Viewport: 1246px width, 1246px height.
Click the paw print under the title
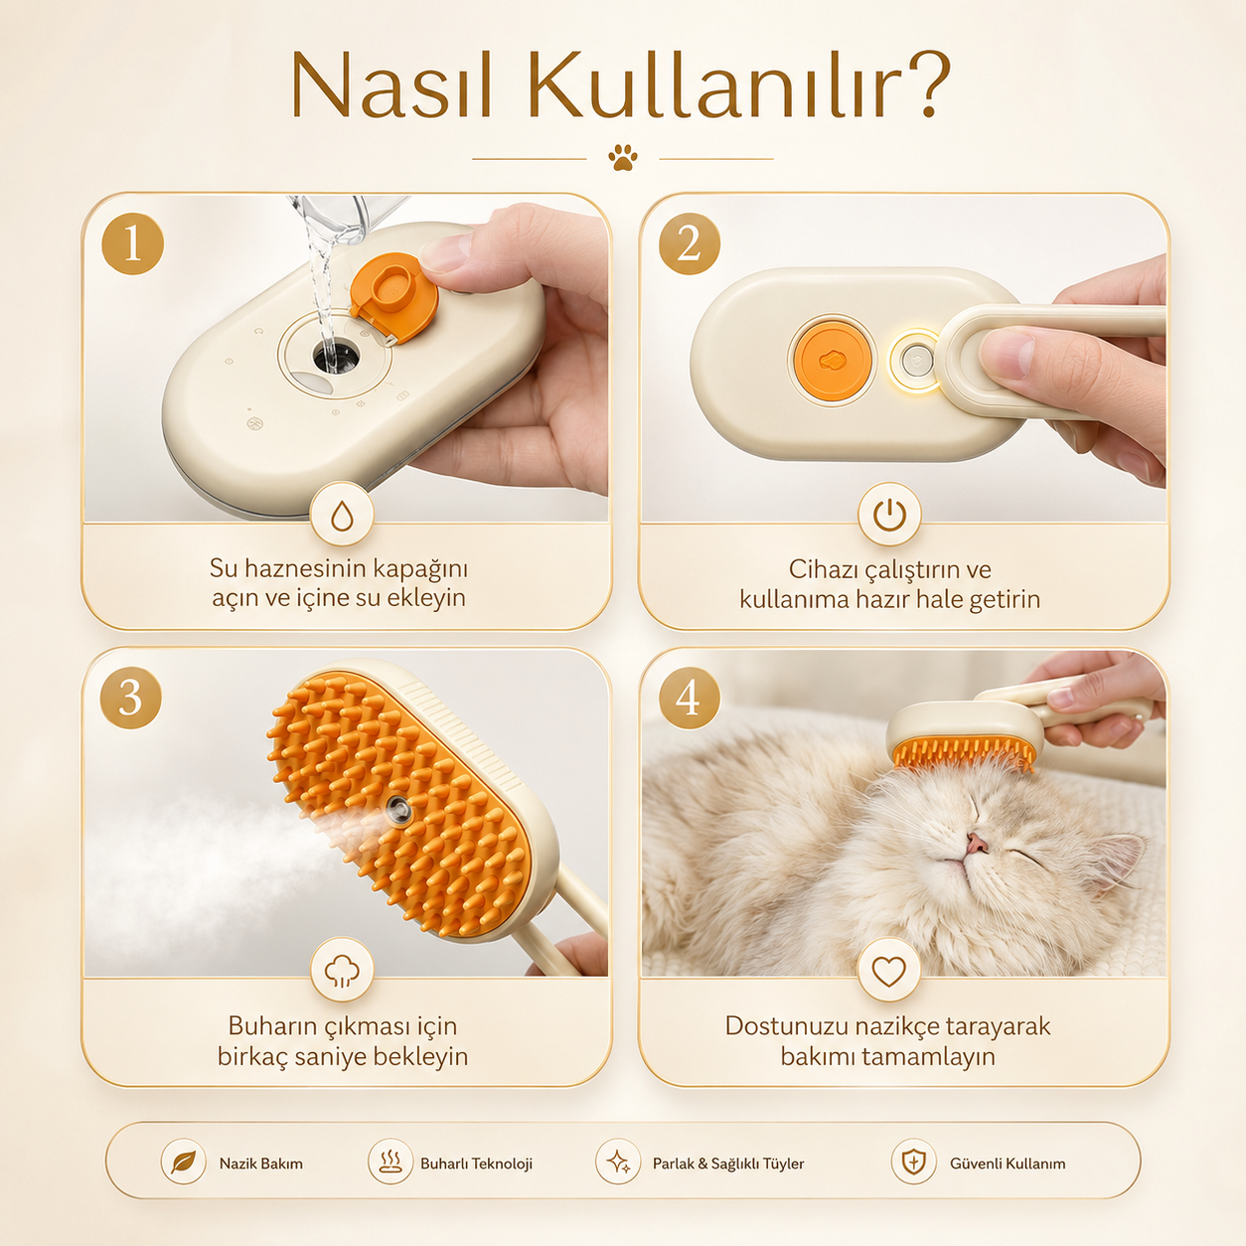pos(623,158)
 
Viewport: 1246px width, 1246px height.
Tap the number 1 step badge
pos(132,243)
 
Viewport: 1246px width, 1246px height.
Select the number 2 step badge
pos(690,243)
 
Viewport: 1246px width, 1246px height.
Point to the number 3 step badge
pos(131,699)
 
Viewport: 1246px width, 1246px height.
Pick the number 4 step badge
pos(690,699)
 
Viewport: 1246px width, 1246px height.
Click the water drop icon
pos(342,516)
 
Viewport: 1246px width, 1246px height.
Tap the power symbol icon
pos(889,516)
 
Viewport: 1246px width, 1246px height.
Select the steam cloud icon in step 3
pos(342,971)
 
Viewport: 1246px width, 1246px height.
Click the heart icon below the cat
pos(889,971)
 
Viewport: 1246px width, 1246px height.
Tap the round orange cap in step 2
pos(833,361)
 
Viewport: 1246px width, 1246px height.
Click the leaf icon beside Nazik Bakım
pos(184,1162)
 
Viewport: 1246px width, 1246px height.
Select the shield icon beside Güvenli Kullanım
pos(914,1162)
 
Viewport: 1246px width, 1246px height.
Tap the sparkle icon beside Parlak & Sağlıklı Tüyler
pos(618,1162)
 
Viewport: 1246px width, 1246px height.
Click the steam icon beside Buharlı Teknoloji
pos(390,1162)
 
